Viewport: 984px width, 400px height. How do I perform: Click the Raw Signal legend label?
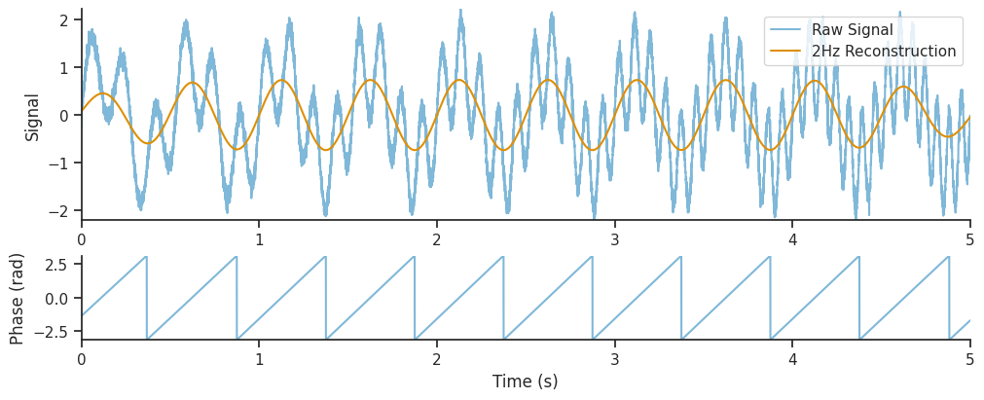(852, 30)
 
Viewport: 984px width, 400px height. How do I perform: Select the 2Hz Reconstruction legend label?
(884, 52)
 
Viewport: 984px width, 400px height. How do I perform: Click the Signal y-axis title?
(33, 117)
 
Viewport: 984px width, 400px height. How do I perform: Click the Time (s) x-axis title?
(526, 382)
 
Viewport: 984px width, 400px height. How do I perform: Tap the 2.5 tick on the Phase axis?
(55, 264)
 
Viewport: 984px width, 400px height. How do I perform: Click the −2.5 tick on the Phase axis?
(51, 331)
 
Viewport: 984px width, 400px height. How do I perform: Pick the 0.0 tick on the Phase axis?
(55, 298)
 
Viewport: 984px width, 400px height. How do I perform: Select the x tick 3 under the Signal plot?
(615, 238)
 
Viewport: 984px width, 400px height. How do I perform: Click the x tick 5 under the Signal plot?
(970, 238)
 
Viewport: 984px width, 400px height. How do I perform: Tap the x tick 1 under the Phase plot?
(259, 358)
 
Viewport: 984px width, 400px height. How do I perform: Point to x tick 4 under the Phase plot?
(792, 358)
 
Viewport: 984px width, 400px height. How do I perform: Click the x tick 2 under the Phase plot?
(437, 358)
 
